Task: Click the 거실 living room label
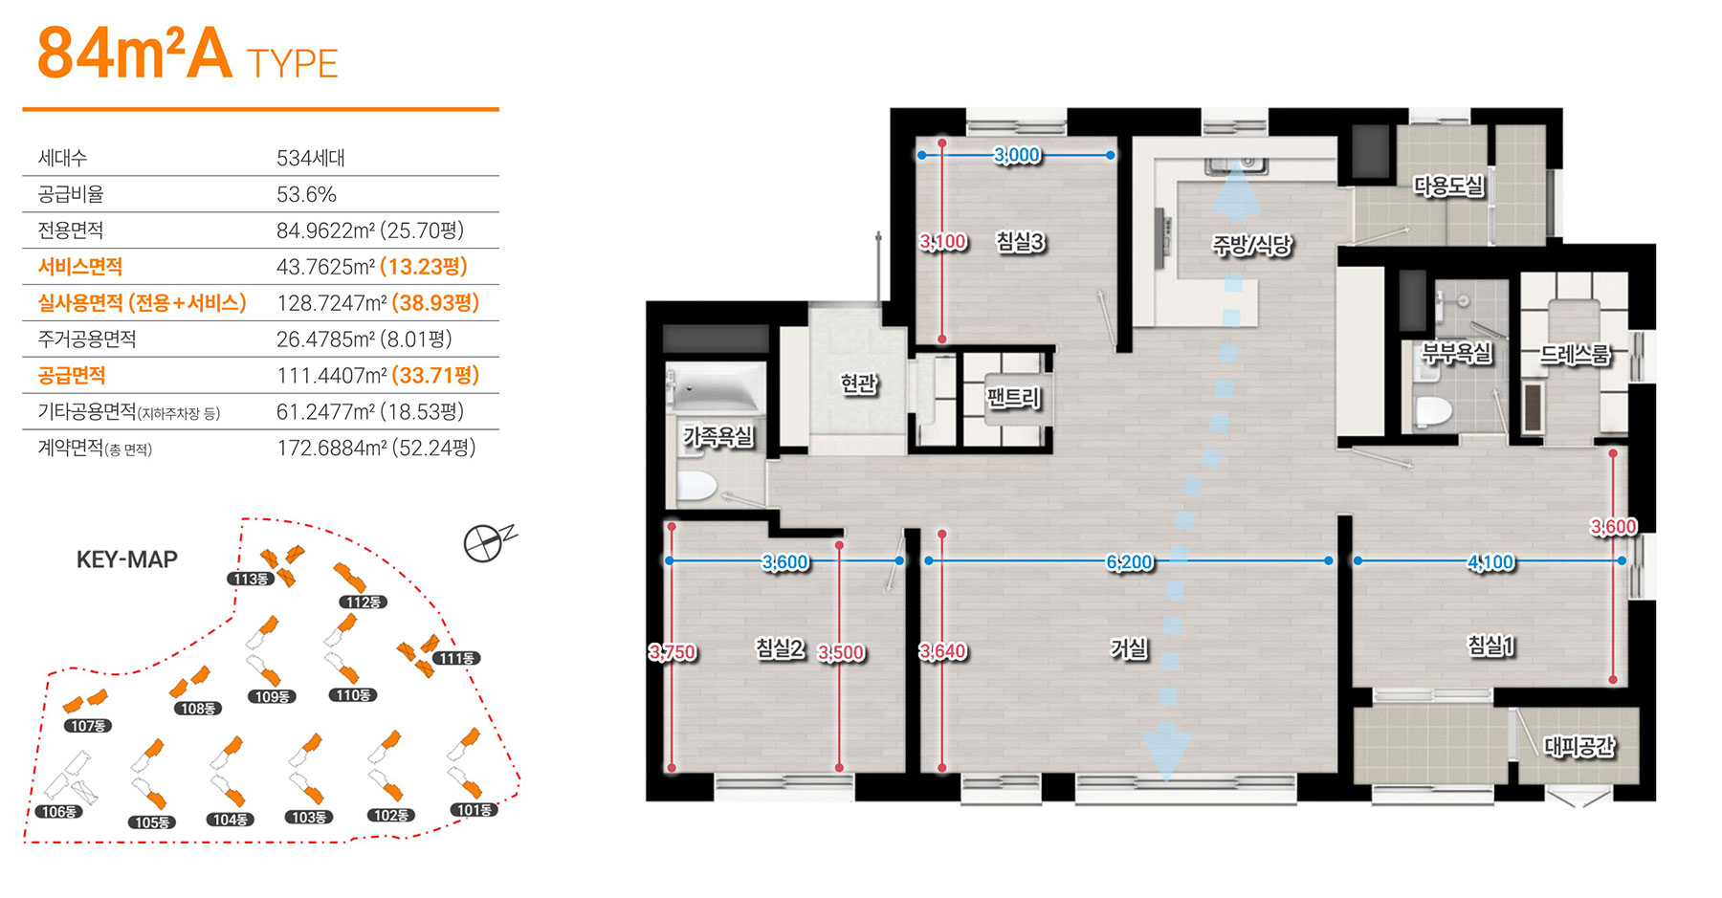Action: (x=1129, y=648)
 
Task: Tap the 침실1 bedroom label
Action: (x=1491, y=646)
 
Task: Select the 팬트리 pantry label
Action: (x=1013, y=396)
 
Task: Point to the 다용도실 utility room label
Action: (x=1449, y=186)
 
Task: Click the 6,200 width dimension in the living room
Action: (x=1129, y=562)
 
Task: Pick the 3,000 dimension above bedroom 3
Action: (x=1016, y=155)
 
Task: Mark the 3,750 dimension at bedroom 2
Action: (x=673, y=652)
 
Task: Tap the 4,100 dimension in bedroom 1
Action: (x=1490, y=562)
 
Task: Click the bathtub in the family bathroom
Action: (x=716, y=388)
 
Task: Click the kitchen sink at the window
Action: (x=1235, y=165)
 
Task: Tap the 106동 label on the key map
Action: (x=58, y=812)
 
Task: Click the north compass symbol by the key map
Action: (x=486, y=542)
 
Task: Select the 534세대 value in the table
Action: (x=311, y=158)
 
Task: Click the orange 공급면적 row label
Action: (x=72, y=375)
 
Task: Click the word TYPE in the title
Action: (x=293, y=64)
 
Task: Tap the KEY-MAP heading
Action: (x=127, y=559)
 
